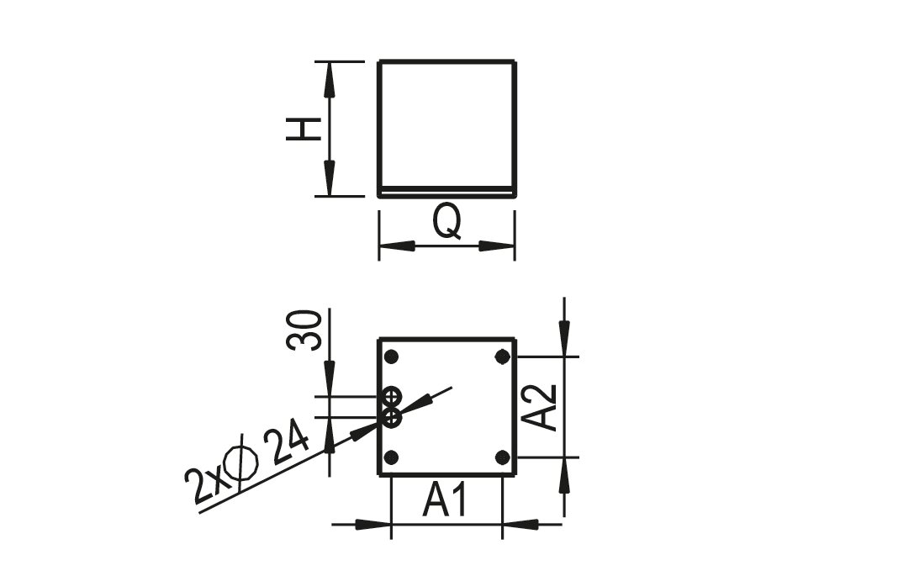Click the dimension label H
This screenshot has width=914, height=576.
point(303,129)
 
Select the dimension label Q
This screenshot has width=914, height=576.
point(447,222)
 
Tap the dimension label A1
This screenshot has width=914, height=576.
point(444,499)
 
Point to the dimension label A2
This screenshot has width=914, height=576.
point(539,408)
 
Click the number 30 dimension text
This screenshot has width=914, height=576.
point(304,330)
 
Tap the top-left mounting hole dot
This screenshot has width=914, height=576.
point(391,357)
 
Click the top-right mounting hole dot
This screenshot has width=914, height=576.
point(502,357)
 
